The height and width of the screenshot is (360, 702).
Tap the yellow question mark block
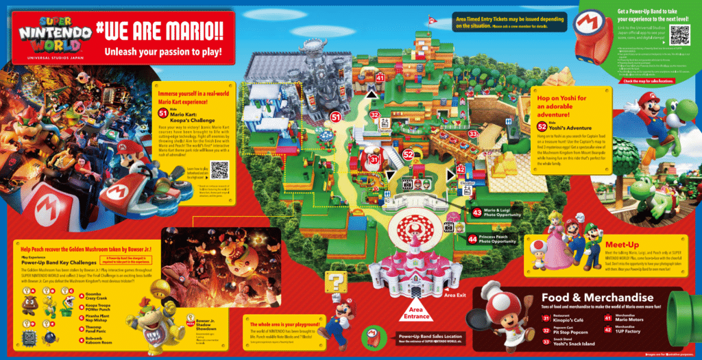coord(337,283)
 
